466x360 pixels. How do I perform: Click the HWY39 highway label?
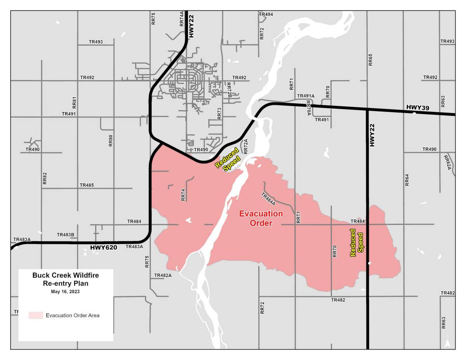point(417,107)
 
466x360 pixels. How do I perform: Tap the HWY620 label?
point(103,247)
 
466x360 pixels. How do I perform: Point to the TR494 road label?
point(266,14)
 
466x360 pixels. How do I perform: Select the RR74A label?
point(182,19)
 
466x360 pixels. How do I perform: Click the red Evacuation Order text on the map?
point(261,218)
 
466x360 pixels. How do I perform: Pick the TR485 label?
point(87,185)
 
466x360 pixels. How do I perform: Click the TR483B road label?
point(65,235)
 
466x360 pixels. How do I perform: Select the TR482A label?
point(163,275)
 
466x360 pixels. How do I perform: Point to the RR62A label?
point(447,162)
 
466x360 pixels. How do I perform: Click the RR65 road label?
point(370,60)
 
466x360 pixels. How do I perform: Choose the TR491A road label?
point(306,96)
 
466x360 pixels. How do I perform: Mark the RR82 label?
point(45,178)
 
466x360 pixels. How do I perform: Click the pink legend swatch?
point(35,315)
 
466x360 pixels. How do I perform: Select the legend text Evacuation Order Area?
point(73,315)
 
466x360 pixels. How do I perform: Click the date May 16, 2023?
point(65,291)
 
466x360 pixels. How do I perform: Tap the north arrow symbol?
point(447,343)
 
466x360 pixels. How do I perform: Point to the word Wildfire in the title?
point(83,275)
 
